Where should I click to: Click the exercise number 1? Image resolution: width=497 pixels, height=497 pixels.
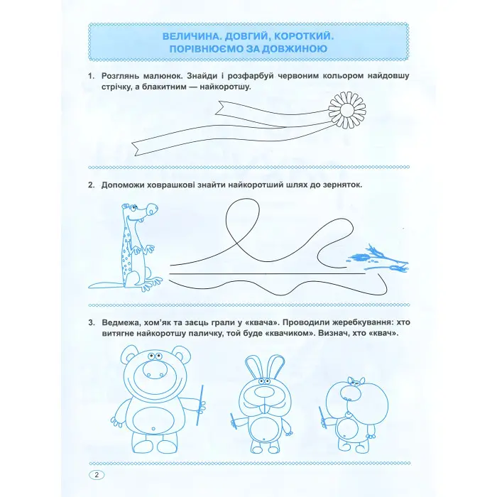[89, 76]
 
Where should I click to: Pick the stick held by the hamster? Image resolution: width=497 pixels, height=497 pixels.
[323, 417]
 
